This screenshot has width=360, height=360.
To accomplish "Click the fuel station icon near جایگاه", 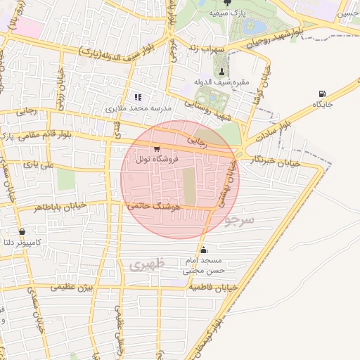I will [322, 94].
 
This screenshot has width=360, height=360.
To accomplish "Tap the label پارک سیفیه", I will [229, 13].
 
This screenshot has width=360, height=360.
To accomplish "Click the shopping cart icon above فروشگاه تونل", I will [155, 149].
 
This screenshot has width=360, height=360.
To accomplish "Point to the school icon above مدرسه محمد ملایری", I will [137, 98].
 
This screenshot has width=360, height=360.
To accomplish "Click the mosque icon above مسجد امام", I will [204, 250].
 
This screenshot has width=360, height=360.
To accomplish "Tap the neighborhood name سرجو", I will [240, 220].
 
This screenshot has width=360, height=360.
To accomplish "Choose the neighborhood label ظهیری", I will [146, 264].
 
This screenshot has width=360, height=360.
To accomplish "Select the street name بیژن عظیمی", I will [75, 287].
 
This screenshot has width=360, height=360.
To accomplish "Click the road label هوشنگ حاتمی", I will [155, 207].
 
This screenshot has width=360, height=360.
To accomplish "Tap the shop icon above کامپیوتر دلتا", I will [22, 231].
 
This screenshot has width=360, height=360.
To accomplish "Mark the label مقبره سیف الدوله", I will [221, 83].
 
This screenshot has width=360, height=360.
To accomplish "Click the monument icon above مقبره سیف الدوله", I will [222, 72].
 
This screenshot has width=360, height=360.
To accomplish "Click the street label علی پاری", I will [38, 165].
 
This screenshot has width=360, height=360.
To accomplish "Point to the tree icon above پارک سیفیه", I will [226, 3].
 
